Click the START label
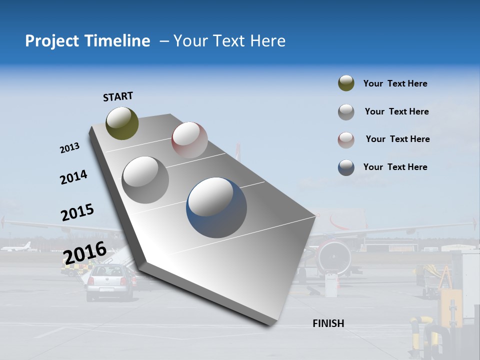118,96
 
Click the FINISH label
328,323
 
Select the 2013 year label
69,148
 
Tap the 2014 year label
73,177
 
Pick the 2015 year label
77,212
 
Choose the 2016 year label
84,252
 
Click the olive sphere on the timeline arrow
122,123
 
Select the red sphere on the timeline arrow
189,140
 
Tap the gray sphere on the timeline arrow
145,179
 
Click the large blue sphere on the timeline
216,207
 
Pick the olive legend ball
346,83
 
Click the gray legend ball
346,112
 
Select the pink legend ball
346,140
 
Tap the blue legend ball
346,167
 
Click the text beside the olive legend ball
395,83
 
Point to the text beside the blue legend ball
395,167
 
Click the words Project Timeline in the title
87,41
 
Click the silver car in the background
110,282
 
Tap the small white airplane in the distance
17,246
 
